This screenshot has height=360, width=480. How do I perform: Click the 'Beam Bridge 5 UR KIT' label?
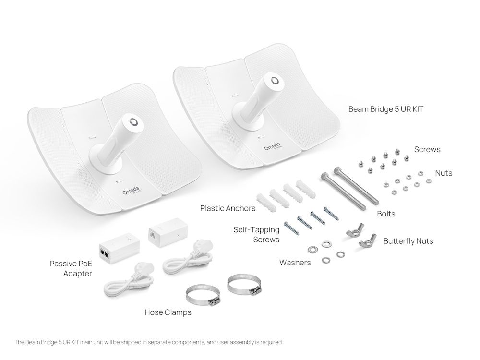coord(386,109)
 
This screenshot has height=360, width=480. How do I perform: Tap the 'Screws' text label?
coord(427,149)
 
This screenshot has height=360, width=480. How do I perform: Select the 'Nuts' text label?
coord(443,173)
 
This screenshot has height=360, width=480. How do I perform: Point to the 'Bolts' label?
coord(385,214)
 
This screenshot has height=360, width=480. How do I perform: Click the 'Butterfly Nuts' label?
coord(408,241)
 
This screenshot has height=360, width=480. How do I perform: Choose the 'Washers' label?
coord(295,263)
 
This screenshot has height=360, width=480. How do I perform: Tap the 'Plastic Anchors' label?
coord(228,208)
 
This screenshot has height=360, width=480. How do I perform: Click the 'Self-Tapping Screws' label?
coord(256,234)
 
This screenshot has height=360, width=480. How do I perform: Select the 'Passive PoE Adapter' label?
coord(71,268)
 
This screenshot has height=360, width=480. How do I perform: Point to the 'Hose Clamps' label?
coord(168,312)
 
